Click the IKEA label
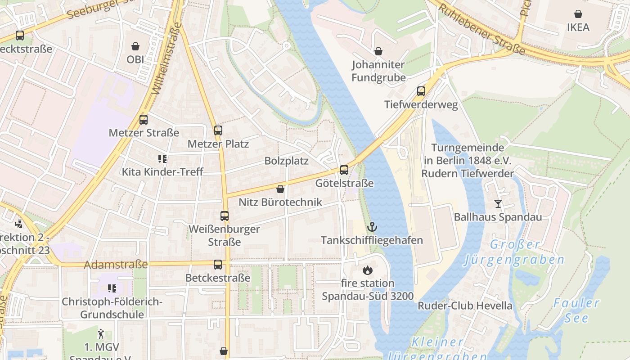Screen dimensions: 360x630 click(x=578, y=27)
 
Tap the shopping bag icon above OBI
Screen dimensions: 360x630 click(x=135, y=46)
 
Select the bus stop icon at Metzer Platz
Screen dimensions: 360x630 click(x=218, y=130)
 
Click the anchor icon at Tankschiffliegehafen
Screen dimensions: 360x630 click(x=372, y=226)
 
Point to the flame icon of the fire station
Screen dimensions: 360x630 click(x=367, y=270)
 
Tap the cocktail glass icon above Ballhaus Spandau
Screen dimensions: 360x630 click(x=498, y=204)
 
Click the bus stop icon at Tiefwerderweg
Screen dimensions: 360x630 click(x=421, y=91)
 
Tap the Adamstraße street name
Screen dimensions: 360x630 click(x=116, y=264)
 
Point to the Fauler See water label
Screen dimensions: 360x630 click(x=577, y=310)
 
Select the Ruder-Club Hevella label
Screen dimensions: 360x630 click(x=465, y=306)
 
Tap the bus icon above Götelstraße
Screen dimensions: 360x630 click(x=344, y=170)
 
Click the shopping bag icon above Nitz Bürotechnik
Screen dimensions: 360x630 click(x=280, y=189)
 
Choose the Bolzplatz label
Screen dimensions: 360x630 click(x=286, y=161)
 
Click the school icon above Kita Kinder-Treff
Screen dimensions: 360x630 click(x=162, y=158)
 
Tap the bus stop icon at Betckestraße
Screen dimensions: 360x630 click(x=218, y=265)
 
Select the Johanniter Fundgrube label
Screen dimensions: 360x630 click(x=378, y=71)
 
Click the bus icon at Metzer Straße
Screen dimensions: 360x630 click(x=144, y=120)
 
